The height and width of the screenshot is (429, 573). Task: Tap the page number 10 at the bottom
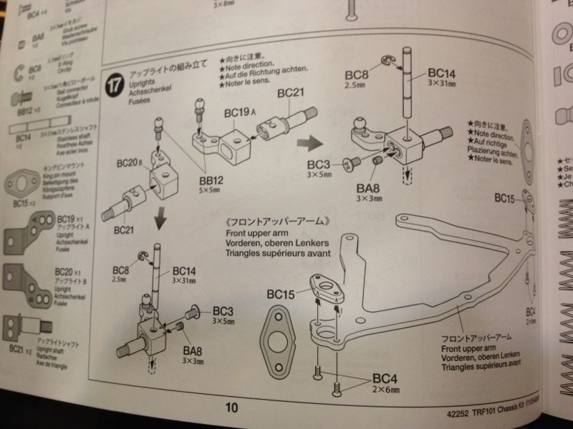coord(231,408)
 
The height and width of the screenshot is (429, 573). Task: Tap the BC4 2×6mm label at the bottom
coord(386,383)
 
